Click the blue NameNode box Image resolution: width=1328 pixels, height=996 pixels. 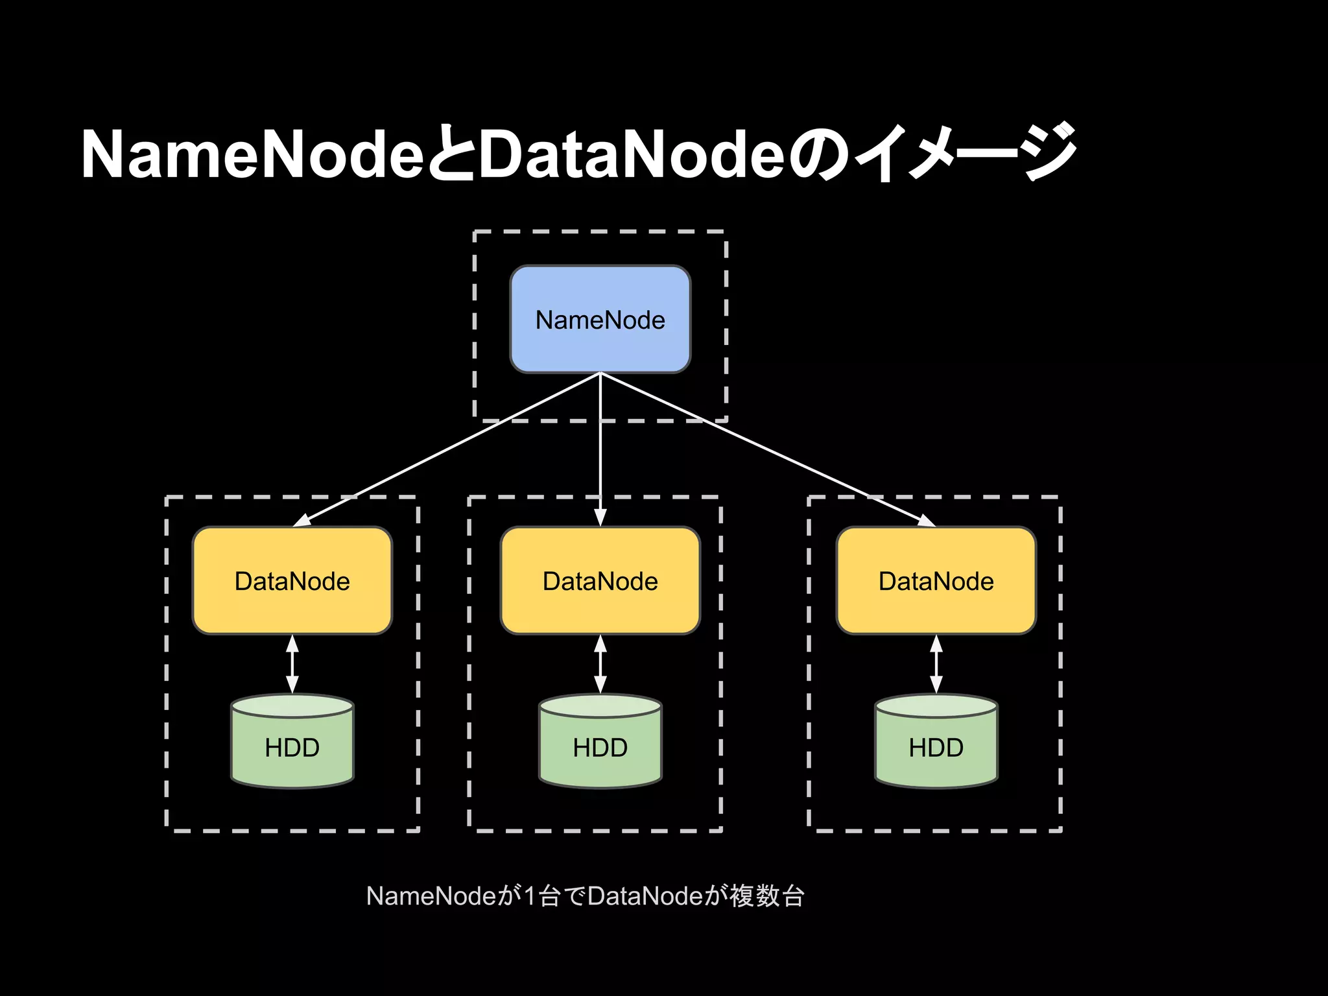click(x=600, y=319)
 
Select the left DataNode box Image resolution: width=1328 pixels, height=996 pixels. click(x=292, y=580)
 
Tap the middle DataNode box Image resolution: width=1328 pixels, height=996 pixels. click(x=600, y=580)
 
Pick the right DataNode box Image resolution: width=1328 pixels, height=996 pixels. click(x=936, y=580)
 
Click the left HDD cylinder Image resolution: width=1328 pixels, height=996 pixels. click(x=292, y=742)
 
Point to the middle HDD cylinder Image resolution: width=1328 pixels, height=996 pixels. click(x=600, y=742)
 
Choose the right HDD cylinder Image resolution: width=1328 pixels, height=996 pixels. click(x=936, y=742)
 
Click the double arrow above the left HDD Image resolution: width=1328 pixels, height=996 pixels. click(x=292, y=664)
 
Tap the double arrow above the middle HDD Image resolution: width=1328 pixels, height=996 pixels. click(x=600, y=664)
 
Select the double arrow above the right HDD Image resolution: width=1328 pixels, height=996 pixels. click(x=936, y=664)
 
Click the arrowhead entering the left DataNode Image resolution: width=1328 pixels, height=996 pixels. click(x=303, y=520)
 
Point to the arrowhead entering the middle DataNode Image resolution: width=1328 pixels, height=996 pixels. click(x=600, y=517)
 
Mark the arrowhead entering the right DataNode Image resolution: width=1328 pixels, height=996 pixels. click(x=925, y=520)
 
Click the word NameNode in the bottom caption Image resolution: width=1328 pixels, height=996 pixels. click(x=431, y=896)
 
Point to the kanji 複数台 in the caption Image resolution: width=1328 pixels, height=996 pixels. click(x=767, y=896)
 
